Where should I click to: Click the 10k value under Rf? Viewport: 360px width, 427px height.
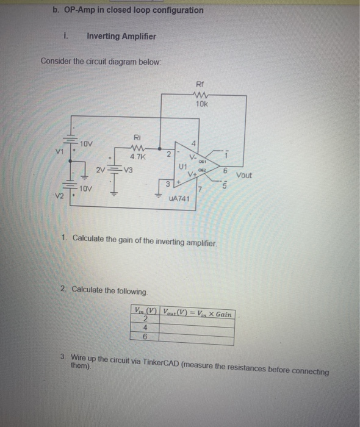(201, 104)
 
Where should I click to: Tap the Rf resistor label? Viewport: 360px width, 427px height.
(201, 84)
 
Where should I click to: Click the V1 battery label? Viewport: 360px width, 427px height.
(59, 151)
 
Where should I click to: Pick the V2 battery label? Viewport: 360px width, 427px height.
(59, 196)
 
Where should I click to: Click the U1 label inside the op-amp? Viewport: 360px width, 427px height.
(182, 166)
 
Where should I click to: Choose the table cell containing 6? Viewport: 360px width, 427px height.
(146, 336)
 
